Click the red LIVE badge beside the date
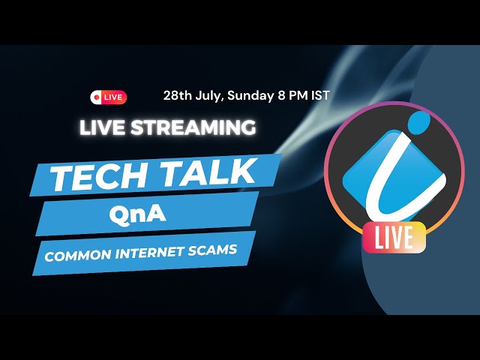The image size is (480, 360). tap(108, 97)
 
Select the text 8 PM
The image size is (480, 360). tap(292, 95)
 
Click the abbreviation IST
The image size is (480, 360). tap(319, 95)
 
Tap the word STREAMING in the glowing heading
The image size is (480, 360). tap(193, 127)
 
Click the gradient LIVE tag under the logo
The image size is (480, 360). tap(394, 238)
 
